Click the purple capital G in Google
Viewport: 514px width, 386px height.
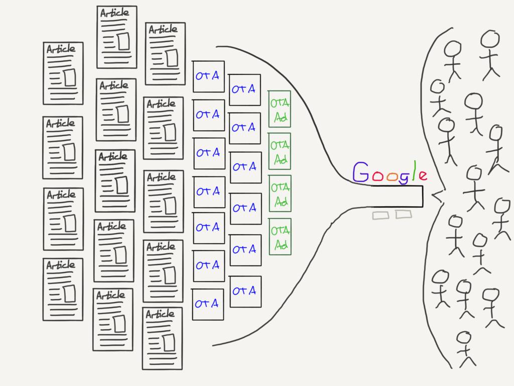pos(361,172)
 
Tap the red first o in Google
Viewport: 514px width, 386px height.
pos(377,176)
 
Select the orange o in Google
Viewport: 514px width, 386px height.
pos(392,177)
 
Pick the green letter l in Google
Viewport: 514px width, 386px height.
pos(415,170)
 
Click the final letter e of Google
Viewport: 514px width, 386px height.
pos(423,175)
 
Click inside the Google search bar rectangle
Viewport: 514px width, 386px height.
pos(397,197)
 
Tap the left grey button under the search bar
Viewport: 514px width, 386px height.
pos(380,215)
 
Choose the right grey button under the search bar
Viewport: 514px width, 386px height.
pos(404,214)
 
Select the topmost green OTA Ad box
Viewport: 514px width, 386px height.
pos(279,109)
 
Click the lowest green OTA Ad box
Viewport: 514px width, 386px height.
pos(280,237)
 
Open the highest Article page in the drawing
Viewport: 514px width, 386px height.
pos(116,37)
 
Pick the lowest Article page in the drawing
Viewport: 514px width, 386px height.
pos(162,338)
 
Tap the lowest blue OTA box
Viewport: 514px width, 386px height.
pos(208,304)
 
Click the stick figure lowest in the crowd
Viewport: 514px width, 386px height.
pos(466,349)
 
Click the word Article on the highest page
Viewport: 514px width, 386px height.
pos(114,13)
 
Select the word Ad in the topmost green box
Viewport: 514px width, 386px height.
pos(281,117)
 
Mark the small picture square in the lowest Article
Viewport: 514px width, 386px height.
pos(169,343)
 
